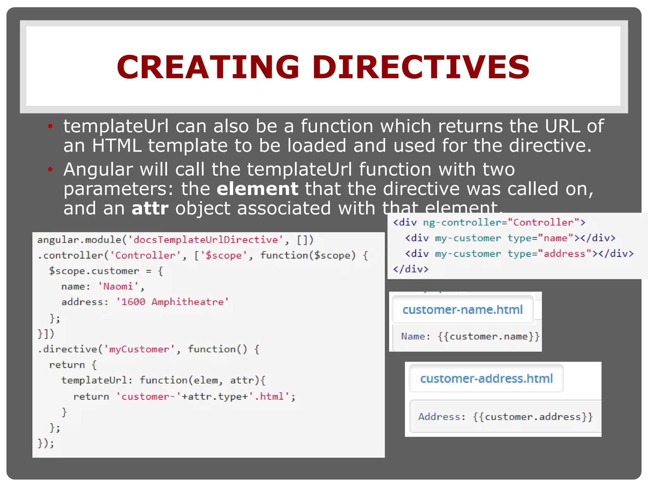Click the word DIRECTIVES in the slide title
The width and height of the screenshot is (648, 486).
421,67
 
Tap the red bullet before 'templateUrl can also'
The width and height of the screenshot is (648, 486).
50,126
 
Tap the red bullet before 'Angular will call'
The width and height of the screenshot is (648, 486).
50,170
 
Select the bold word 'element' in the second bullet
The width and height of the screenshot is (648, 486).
257,189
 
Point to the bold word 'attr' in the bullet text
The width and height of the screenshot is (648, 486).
150,208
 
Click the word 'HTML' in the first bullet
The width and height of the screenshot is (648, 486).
116,146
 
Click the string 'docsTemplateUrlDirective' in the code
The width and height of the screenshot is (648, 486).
206,240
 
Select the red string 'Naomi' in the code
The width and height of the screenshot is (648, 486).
118,286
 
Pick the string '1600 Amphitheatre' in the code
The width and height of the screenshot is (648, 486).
172,302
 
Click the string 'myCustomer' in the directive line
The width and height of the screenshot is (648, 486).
139,349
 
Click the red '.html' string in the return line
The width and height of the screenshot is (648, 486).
271,396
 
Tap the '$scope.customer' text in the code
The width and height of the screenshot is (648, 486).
94,271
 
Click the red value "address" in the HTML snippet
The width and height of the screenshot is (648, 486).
564,253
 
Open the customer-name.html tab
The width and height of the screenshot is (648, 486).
462,309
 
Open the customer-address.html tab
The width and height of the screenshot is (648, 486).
486,378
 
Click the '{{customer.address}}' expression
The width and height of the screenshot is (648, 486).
533,417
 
